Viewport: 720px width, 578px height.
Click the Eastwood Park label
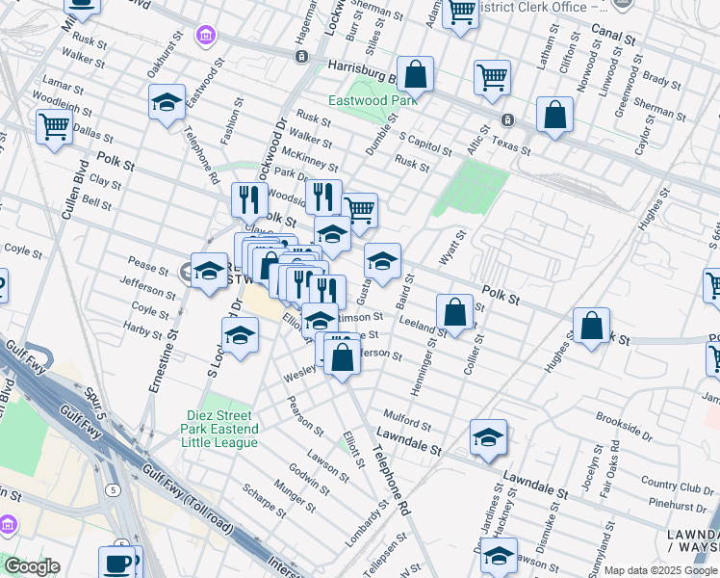tap(372, 100)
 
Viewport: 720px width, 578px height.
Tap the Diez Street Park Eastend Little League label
tap(221, 429)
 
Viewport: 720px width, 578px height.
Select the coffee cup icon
tap(119, 563)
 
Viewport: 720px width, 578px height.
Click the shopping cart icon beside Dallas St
tap(54, 126)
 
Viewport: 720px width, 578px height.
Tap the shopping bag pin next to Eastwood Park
tap(415, 74)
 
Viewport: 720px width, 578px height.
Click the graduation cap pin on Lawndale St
tap(488, 436)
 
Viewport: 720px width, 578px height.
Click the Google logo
tap(33, 567)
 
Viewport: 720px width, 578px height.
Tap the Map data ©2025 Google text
tap(659, 570)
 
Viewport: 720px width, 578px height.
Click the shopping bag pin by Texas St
tap(555, 116)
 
